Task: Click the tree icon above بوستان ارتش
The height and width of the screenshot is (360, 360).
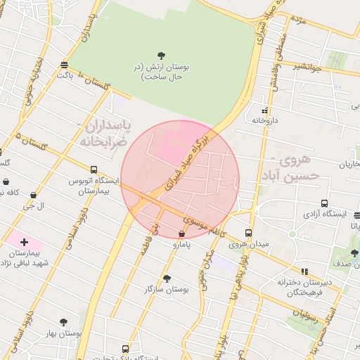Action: pos(162,55)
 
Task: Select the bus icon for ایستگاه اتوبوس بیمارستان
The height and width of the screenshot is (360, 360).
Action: pos(94,169)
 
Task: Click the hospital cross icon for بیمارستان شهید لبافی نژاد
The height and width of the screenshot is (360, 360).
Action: pos(25,242)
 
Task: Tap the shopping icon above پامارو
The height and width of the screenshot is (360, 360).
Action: pos(182,234)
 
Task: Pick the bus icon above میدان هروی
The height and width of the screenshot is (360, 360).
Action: pos(248,233)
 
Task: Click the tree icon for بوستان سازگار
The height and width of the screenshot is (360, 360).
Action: pos(166,278)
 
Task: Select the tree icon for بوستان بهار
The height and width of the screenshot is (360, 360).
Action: pos(63,321)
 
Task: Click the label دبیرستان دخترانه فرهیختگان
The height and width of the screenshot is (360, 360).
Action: pos(299,286)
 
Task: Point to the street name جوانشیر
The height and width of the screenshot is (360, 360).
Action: pos(305,67)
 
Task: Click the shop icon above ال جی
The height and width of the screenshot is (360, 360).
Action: pos(33,195)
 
